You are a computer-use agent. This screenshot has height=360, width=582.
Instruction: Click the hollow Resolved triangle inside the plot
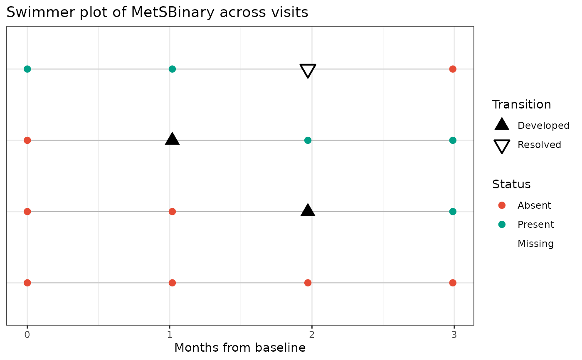click(x=308, y=70)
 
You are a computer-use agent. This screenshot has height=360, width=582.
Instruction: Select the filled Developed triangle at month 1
click(x=172, y=139)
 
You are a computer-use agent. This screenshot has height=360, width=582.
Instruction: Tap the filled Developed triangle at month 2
click(x=308, y=210)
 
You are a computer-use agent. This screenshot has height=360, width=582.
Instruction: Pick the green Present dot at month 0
click(x=27, y=69)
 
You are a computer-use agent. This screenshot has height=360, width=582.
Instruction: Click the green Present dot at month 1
click(x=172, y=69)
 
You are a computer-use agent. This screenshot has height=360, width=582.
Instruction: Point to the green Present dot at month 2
click(x=308, y=140)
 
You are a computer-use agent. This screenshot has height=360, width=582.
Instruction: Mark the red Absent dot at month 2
click(x=308, y=283)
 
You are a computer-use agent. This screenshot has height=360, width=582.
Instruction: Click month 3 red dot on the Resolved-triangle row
click(x=453, y=69)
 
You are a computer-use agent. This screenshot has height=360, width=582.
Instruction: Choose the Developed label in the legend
click(x=543, y=126)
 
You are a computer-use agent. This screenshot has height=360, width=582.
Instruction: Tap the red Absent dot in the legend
click(x=502, y=205)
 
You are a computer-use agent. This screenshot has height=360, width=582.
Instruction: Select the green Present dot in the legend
click(x=502, y=224)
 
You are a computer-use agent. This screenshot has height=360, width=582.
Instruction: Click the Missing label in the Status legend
click(x=535, y=244)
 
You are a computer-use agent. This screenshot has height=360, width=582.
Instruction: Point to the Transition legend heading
click(x=521, y=104)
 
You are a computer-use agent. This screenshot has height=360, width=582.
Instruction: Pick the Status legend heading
click(x=511, y=184)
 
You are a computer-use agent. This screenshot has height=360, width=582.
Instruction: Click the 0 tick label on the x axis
click(x=27, y=334)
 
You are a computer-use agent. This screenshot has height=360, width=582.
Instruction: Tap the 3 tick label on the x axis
click(x=454, y=334)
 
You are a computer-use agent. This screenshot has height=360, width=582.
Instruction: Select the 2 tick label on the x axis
click(x=312, y=334)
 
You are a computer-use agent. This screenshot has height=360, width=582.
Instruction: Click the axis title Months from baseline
click(x=240, y=348)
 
